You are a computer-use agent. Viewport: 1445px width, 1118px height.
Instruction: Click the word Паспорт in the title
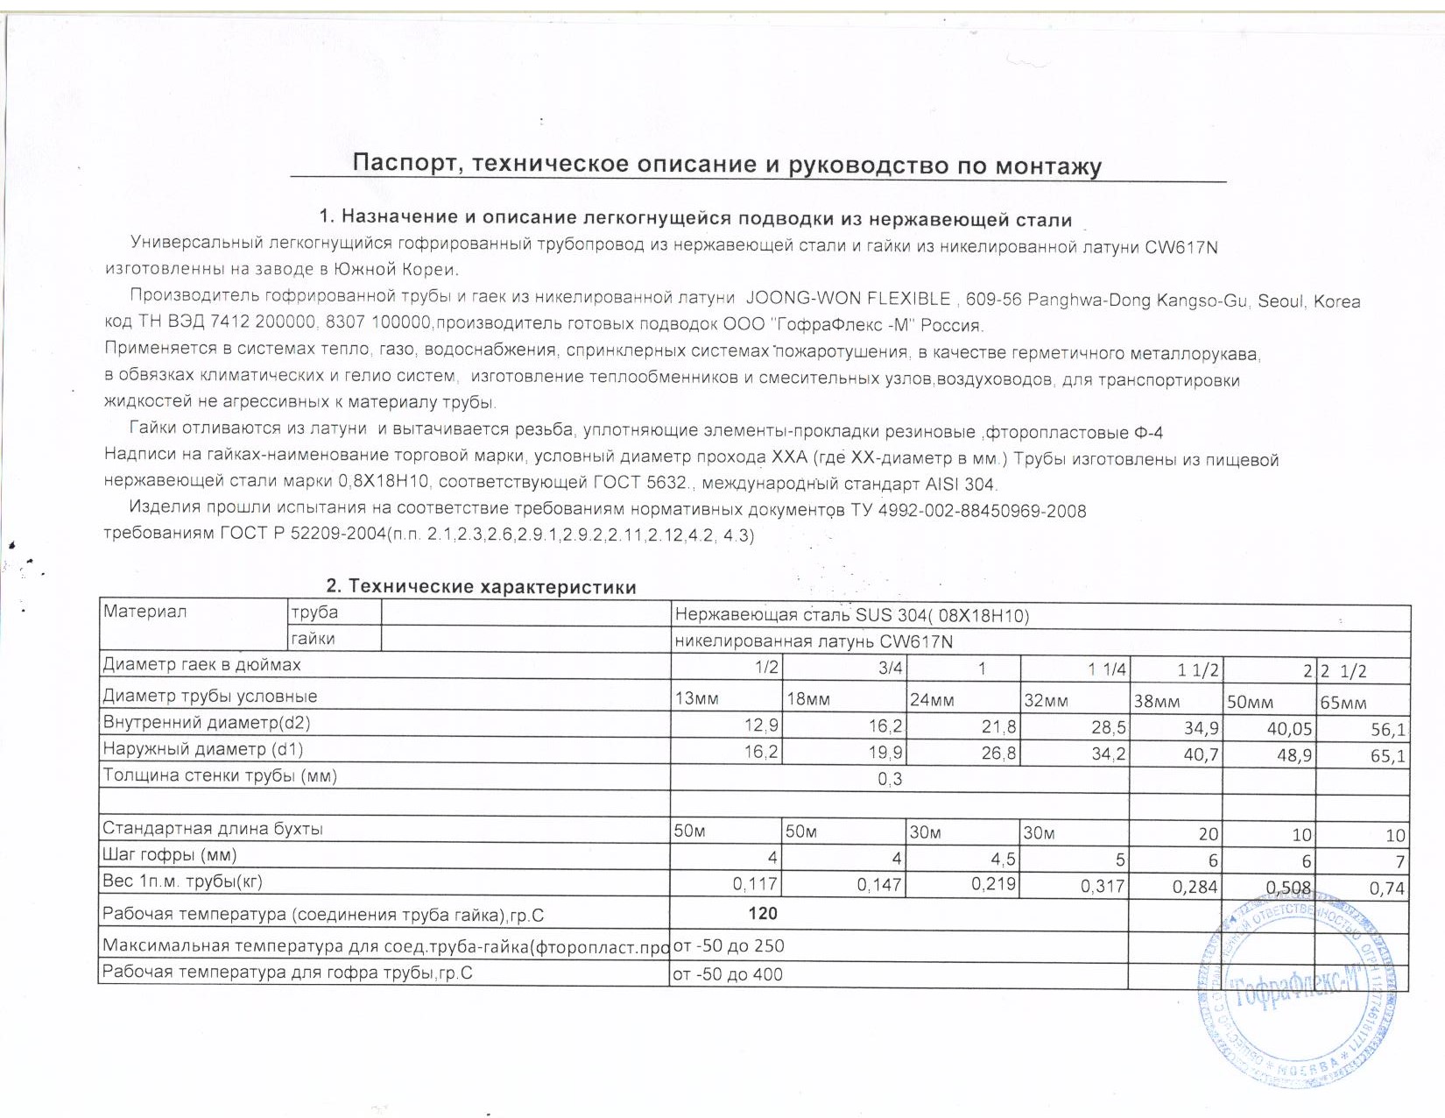click(401, 164)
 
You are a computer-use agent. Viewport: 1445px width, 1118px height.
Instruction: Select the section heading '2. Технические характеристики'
click(481, 586)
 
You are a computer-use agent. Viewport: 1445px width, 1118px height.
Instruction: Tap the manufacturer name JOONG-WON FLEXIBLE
click(848, 299)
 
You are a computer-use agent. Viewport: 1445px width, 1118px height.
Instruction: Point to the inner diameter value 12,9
click(761, 725)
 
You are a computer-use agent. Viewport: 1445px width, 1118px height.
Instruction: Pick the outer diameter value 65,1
click(1388, 755)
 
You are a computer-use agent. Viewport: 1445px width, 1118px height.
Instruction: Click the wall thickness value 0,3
click(890, 779)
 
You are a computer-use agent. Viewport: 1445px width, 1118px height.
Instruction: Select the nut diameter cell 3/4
click(890, 668)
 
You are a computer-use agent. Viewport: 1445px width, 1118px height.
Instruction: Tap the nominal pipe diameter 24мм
click(932, 699)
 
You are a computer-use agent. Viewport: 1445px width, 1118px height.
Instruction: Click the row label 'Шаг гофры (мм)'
click(170, 854)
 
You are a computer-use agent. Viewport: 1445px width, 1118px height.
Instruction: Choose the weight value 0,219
click(993, 884)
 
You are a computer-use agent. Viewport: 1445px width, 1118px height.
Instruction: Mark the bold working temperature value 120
click(763, 913)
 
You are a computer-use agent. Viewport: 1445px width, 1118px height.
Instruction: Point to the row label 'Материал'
click(145, 612)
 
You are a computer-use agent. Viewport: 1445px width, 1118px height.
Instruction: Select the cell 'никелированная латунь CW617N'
click(814, 641)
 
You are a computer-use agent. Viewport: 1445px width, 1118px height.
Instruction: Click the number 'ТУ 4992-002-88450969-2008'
click(969, 511)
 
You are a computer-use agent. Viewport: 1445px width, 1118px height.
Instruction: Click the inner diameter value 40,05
click(1289, 728)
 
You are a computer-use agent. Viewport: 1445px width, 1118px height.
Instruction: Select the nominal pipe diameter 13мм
click(696, 698)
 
